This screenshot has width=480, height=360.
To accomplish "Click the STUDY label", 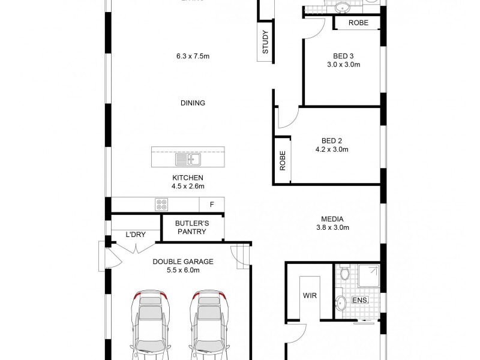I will coord(265,42).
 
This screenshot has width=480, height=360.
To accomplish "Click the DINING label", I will coord(193,103).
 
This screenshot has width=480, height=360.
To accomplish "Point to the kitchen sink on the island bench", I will coord(188,160).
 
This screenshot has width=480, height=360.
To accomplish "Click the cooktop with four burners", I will coord(161,204).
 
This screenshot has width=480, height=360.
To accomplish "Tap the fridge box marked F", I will coord(211,204).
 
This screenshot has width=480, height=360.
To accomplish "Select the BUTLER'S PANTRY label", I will coord(191,227).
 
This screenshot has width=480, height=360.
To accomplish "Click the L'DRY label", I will coord(136,235).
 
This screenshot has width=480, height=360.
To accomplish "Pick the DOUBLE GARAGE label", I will coord(183,262).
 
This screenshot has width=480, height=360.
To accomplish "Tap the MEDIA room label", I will coord(332,219).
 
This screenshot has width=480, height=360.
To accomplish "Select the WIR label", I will coord(310,296).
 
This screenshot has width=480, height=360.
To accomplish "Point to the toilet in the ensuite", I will coord(344,274).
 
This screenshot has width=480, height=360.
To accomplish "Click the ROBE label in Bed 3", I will coord(359,23).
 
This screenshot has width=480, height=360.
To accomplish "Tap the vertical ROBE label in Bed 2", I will coord(282,160).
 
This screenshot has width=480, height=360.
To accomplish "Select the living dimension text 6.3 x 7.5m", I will coord(193,56).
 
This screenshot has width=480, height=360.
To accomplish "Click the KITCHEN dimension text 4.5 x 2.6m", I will coord(188,186).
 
